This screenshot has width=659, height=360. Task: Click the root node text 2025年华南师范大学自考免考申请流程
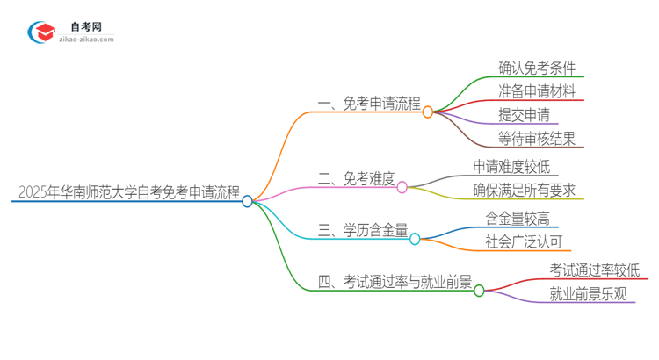(128, 192)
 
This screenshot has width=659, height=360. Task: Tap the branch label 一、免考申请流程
(369, 104)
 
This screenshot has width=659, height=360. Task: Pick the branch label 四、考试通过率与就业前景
(394, 282)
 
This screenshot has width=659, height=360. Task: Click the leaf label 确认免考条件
(537, 68)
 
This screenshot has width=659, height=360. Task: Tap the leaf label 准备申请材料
(537, 91)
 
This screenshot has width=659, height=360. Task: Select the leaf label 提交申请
(524, 115)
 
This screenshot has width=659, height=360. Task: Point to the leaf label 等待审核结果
(537, 139)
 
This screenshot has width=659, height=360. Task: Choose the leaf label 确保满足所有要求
(525, 191)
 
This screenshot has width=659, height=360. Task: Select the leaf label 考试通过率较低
(595, 270)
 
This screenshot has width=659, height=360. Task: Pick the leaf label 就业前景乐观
(588, 294)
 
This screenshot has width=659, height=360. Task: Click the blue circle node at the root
(248, 201)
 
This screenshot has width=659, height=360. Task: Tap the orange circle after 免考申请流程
(428, 112)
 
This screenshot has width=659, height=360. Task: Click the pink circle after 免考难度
(402, 187)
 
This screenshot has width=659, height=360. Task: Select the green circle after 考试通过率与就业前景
(479, 291)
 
